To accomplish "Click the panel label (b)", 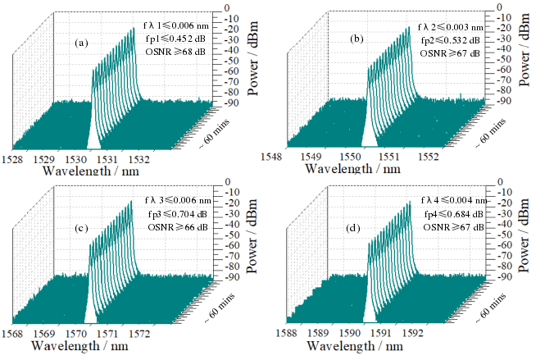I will coord(357,39).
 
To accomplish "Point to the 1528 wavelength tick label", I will coord(16,157).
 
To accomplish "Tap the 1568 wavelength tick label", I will coord(16,335).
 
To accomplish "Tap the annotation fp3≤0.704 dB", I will coord(175,212).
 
